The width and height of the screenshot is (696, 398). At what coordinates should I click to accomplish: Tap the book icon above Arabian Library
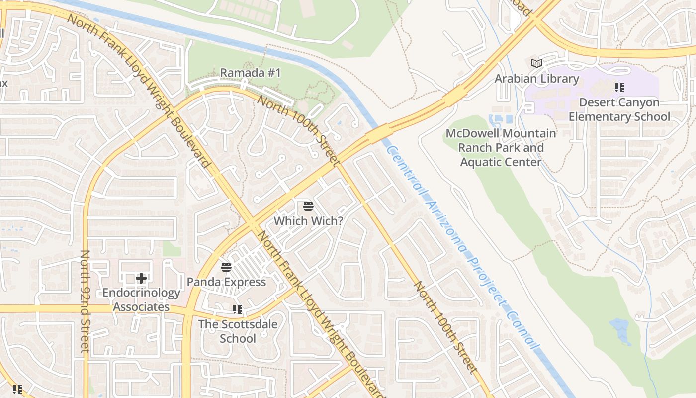point(536,63)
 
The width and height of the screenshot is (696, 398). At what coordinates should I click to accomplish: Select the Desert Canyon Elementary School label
point(619,109)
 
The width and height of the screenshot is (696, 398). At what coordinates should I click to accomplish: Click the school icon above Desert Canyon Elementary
point(619,88)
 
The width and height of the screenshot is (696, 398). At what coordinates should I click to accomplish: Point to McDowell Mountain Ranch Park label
point(501,148)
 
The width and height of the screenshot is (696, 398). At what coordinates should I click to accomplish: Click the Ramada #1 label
point(251,73)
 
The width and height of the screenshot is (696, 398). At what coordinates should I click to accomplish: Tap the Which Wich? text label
point(308,220)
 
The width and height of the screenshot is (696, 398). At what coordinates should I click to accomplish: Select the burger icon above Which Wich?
point(308,206)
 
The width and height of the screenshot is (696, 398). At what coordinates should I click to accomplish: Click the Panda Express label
point(226,282)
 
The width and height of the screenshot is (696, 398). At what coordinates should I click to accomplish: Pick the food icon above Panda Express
point(226,267)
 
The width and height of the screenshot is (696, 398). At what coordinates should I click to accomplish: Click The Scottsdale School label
point(238,331)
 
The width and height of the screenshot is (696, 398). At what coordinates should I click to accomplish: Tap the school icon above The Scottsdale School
point(238,309)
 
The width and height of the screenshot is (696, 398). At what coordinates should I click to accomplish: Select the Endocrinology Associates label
point(141,300)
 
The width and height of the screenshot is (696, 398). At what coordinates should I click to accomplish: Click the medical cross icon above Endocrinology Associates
point(141,278)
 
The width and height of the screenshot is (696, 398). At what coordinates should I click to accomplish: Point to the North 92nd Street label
point(85,301)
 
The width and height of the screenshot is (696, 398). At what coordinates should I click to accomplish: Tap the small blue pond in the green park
point(621,330)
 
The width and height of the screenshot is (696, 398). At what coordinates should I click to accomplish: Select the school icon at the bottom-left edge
point(17,389)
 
